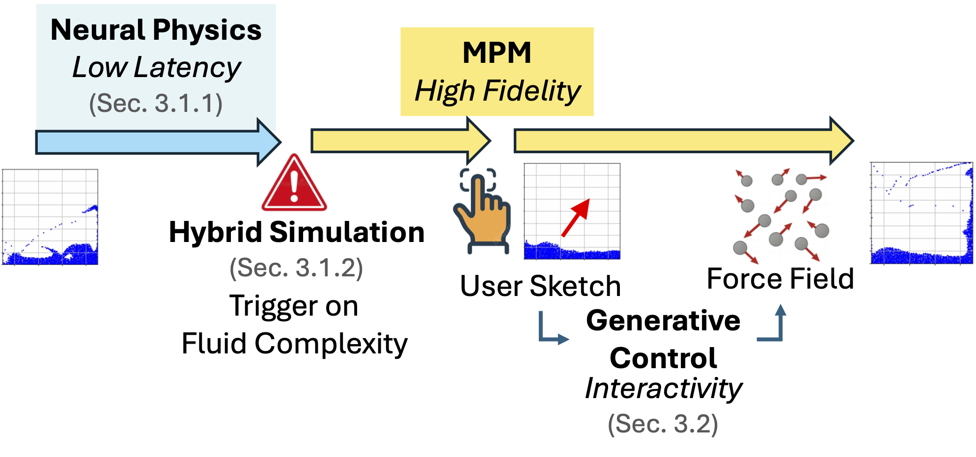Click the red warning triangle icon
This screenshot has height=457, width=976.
[294, 183]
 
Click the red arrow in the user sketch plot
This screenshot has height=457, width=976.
[575, 217]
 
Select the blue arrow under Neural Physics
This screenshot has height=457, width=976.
[158, 142]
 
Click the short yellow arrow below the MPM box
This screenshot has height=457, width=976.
[401, 141]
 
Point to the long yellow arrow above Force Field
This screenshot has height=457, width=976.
[684, 141]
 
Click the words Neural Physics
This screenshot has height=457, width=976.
[156, 30]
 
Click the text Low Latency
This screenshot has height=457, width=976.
[157, 67]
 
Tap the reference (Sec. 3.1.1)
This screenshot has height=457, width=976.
[156, 104]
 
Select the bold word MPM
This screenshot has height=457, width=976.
[497, 53]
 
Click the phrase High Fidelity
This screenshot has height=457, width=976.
[498, 91]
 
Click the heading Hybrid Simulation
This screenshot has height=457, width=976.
[297, 232]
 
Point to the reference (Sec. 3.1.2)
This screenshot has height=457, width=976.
[296, 268]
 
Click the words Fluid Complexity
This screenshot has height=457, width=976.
[295, 343]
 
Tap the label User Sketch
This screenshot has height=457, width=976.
[541, 286]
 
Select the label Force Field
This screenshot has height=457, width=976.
[781, 279]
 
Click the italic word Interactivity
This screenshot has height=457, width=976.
[664, 389]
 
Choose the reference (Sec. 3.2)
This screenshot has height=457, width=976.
[663, 424]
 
